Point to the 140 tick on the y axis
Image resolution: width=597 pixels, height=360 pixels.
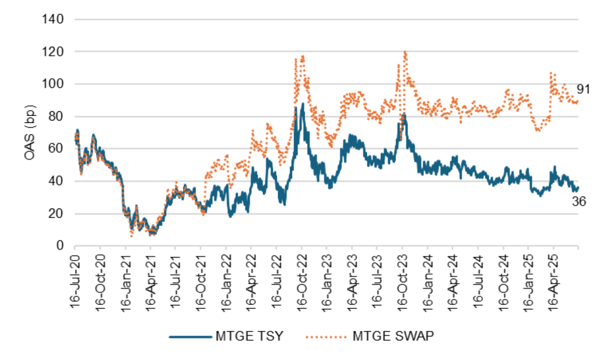coord(53,19)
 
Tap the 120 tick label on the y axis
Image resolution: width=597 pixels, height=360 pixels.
coord(53,52)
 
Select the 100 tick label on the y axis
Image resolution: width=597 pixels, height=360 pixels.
coord(53,84)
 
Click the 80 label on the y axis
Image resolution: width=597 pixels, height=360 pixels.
coord(56,117)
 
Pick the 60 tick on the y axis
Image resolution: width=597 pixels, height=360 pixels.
coord(56,149)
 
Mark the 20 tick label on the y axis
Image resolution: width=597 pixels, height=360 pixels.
coord(56,214)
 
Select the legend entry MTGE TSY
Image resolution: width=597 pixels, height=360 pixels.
coord(227,337)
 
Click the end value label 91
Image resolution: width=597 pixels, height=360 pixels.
coord(584,89)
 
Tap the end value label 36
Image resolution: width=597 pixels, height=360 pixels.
coord(578,202)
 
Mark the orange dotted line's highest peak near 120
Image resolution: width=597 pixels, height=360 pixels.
coord(404,52)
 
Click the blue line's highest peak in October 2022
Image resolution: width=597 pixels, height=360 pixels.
coord(303,104)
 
